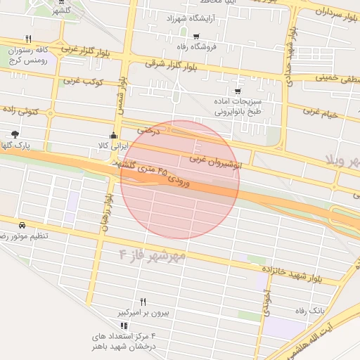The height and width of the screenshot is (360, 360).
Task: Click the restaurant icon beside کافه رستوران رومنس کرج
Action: pos(28,39)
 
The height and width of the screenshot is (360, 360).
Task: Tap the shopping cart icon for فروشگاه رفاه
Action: pos(195,37)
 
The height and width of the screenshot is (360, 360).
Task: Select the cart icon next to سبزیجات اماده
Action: pos(238,91)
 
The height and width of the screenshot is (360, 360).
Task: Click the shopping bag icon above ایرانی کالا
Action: pos(114,135)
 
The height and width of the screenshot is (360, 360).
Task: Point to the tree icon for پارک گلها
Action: pos(15,134)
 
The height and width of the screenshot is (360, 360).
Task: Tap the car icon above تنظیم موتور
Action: pos(22,225)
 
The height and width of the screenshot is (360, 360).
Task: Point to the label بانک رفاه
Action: pos(309,310)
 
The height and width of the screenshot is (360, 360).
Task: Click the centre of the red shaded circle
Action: pos(180,179)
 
